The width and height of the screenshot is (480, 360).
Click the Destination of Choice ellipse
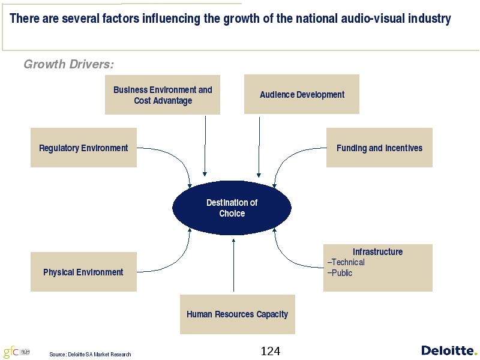[232, 208]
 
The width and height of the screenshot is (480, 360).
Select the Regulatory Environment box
[83, 148]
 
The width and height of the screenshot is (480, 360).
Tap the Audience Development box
[302, 94]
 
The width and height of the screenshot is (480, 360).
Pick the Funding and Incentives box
[379, 148]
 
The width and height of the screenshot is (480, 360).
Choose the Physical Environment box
[83, 272]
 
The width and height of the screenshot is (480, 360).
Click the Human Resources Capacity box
[237, 314]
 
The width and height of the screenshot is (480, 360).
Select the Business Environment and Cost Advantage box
[163, 95]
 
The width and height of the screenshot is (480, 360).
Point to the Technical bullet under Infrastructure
[346, 262]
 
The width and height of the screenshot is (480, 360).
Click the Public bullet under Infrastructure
[340, 273]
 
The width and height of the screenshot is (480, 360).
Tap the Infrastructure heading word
[378, 251]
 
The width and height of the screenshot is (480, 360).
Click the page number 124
[271, 351]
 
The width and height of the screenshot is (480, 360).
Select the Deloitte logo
[449, 350]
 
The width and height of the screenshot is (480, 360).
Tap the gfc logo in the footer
[17, 352]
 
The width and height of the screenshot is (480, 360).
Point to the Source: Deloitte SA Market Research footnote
[91, 355]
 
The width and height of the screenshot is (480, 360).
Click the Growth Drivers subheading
[68, 64]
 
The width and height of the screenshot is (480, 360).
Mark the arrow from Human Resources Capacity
[233, 265]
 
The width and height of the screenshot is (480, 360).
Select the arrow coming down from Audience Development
[259, 147]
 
